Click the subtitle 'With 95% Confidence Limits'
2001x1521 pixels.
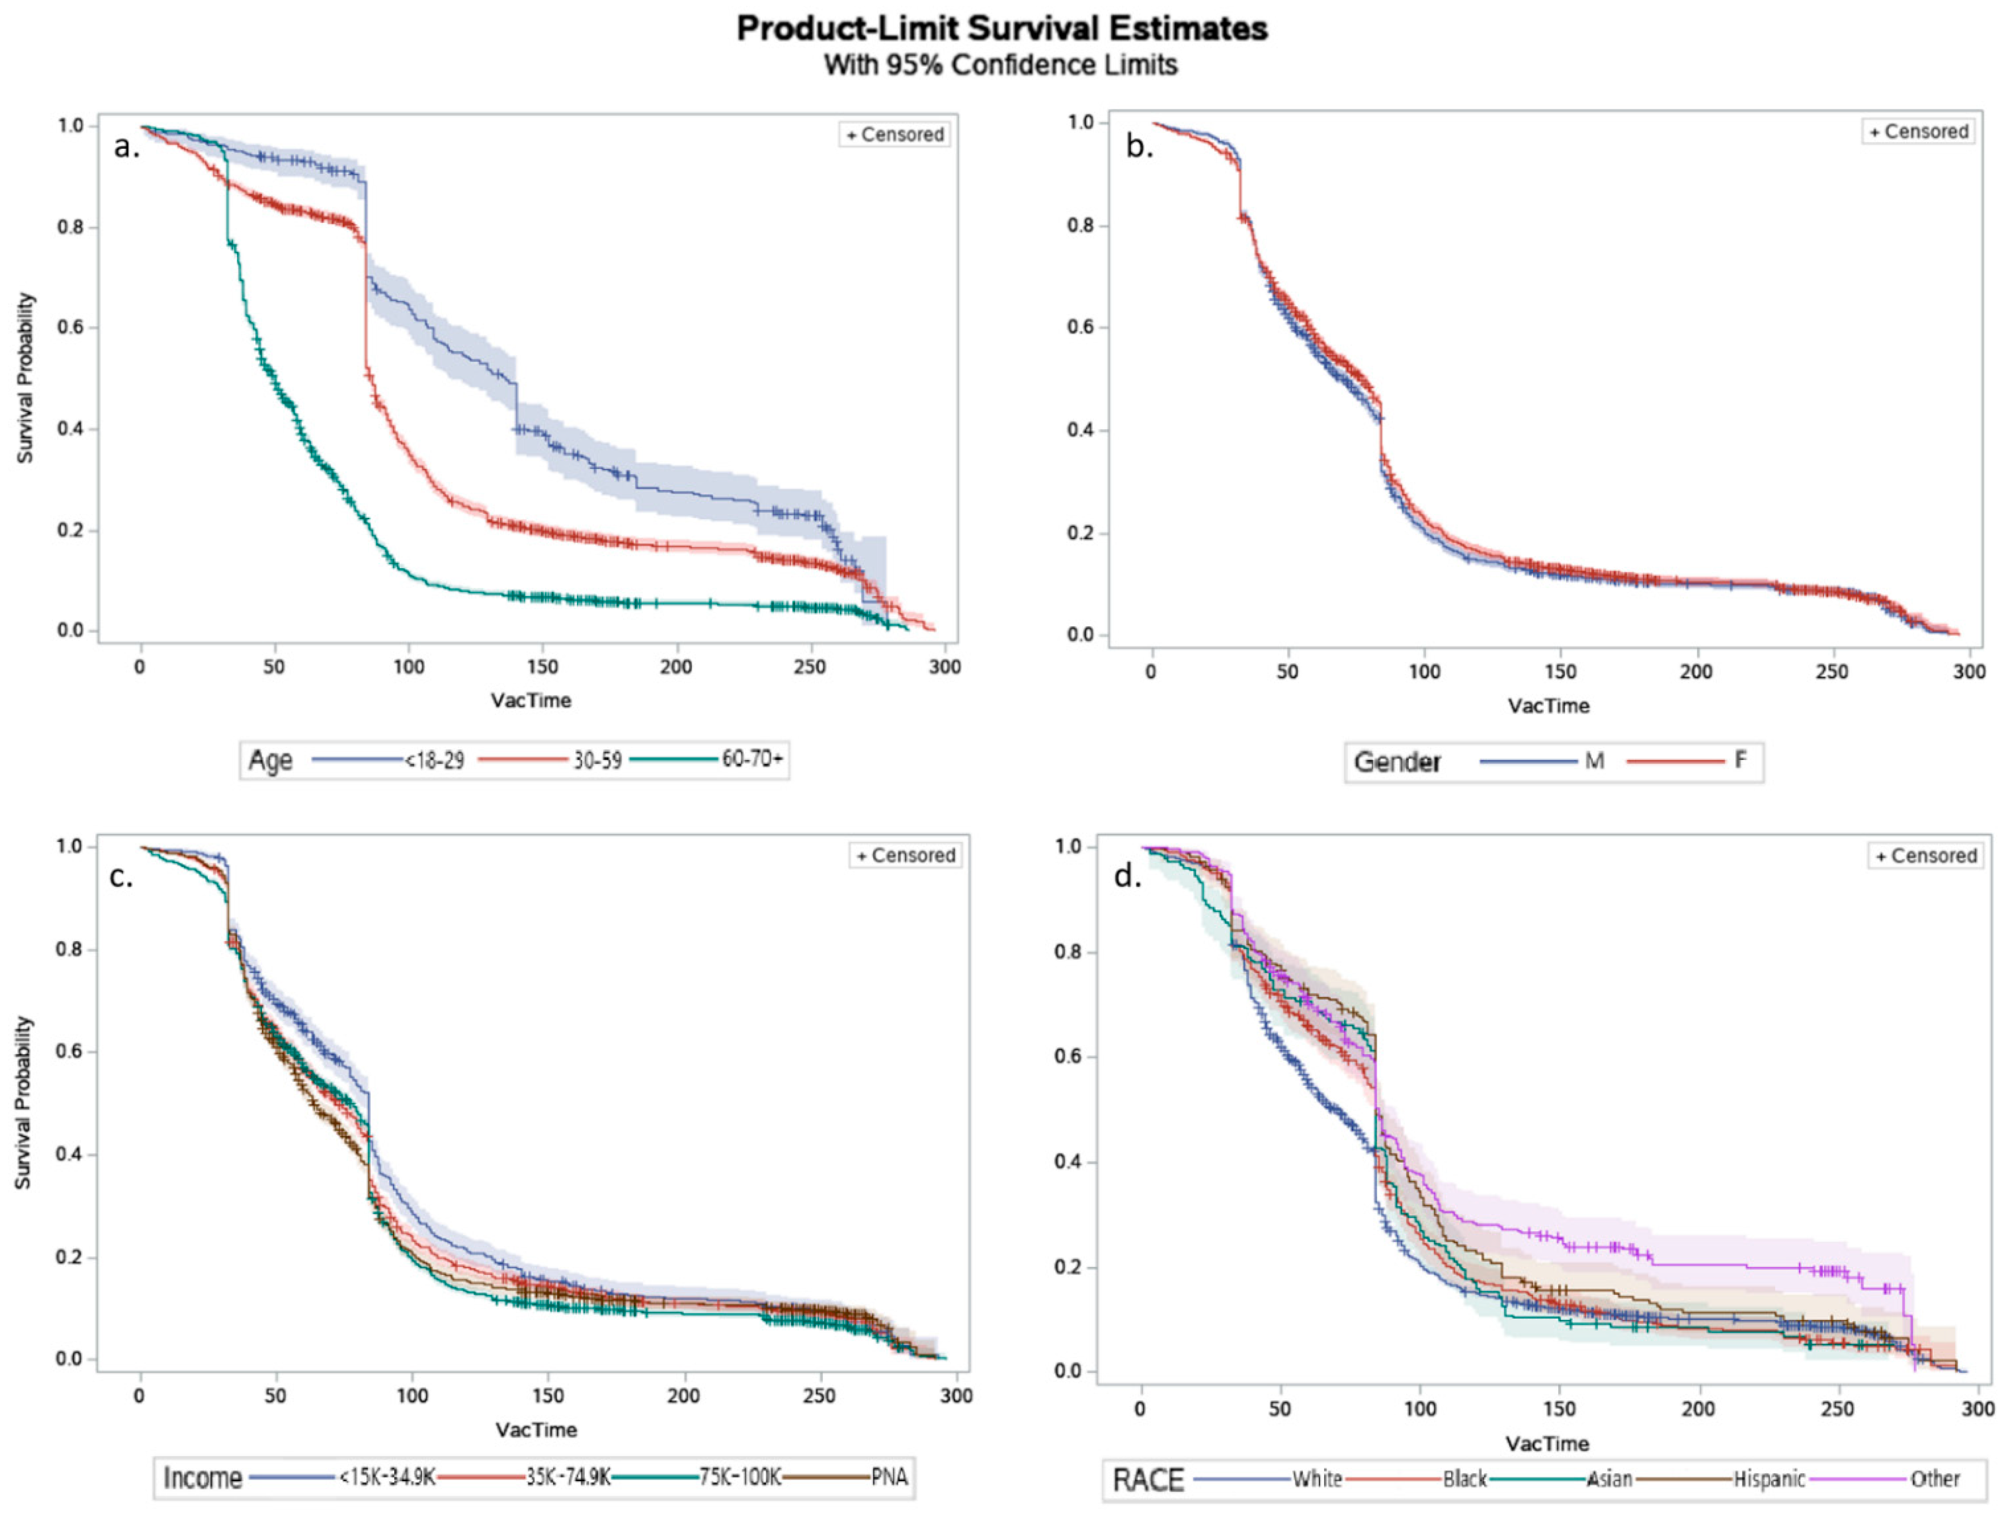pos(1001,65)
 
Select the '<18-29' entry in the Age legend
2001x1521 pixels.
pos(434,760)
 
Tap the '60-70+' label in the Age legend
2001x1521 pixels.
pos(751,759)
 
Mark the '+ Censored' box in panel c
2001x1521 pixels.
pos(905,855)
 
